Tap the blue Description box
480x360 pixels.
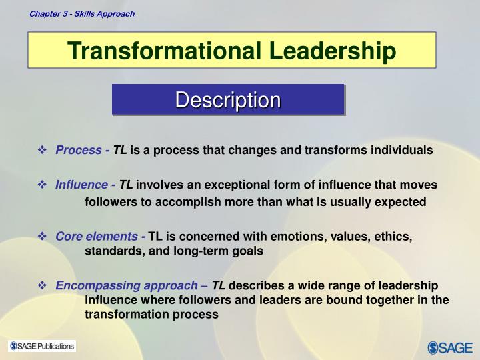(x=228, y=100)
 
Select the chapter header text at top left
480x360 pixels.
(x=81, y=13)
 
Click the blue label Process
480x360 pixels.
(x=79, y=150)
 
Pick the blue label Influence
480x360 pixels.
(x=81, y=184)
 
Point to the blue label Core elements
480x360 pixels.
(x=96, y=236)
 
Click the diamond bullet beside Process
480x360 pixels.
(x=43, y=150)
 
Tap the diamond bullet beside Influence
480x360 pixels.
(x=43, y=184)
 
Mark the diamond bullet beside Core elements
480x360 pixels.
(x=43, y=236)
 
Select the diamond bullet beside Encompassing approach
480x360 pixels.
(x=43, y=285)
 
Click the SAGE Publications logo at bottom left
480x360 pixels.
(x=42, y=346)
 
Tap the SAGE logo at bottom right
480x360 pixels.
(x=450, y=347)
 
